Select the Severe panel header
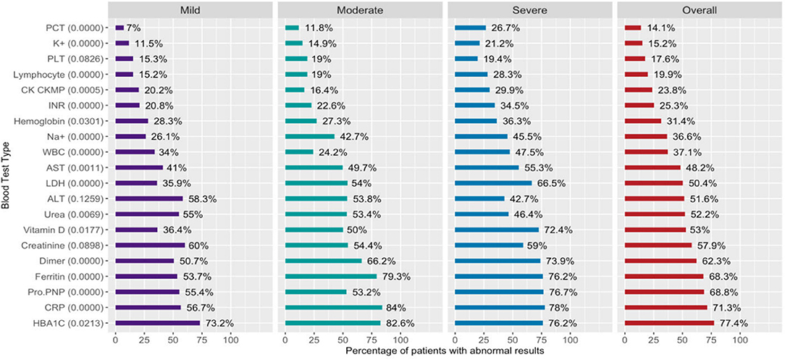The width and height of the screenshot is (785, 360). point(529,11)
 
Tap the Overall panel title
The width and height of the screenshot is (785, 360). point(699,11)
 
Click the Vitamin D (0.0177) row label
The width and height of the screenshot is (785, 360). point(70,230)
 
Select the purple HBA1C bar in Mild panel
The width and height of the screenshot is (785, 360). point(157,323)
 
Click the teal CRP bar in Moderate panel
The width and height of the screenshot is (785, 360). point(333,308)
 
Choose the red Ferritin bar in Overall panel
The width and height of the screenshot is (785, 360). point(663,277)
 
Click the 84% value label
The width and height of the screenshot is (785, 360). point(396,308)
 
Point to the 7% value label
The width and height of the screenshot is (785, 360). point(135,28)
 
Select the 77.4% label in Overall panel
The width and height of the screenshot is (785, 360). point(731,323)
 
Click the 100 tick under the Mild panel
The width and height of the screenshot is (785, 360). point(230,339)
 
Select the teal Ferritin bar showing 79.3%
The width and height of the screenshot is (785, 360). point(330,277)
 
